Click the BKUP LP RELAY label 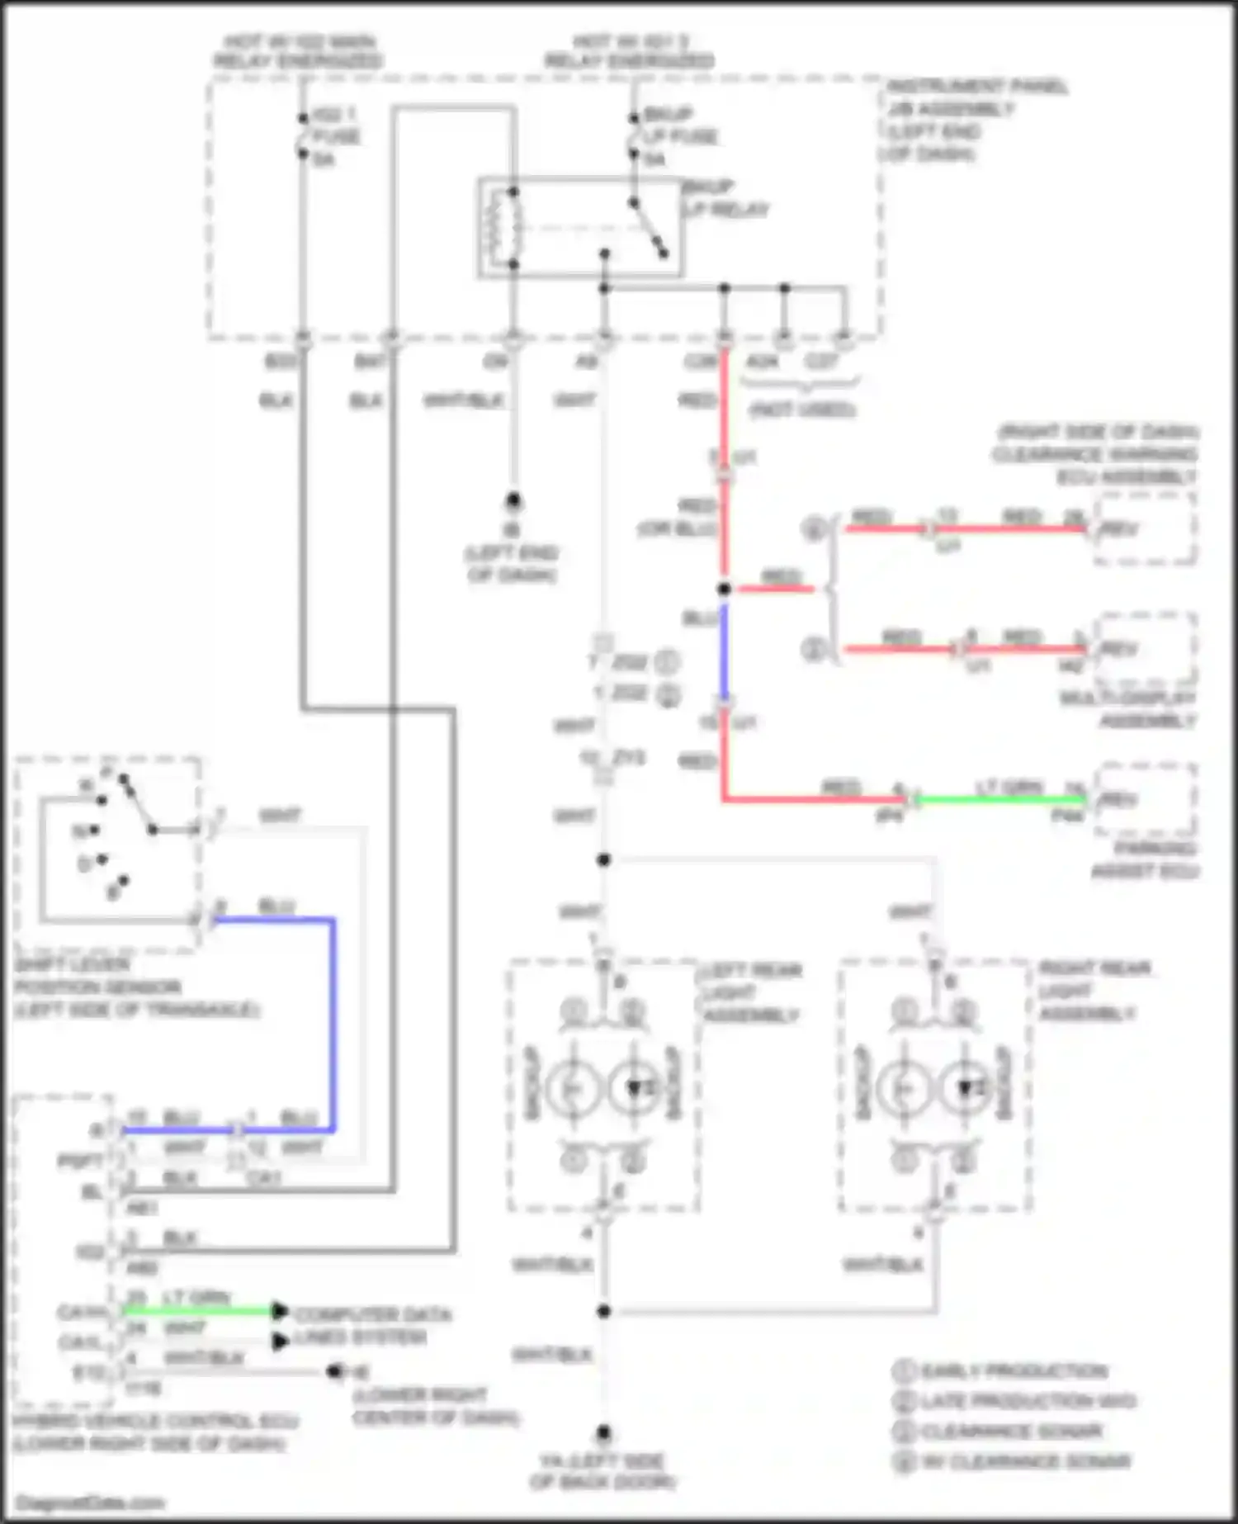725,198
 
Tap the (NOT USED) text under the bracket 801,409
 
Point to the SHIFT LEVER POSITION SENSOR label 136,987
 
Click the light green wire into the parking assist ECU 1002,799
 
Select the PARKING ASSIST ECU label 1145,860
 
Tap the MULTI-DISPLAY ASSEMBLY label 1127,709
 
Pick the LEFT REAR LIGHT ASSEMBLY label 750,992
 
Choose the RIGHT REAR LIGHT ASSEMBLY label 1094,991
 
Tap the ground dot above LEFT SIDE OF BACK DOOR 604,1432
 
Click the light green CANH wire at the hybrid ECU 198,1310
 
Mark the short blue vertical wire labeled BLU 724,652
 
